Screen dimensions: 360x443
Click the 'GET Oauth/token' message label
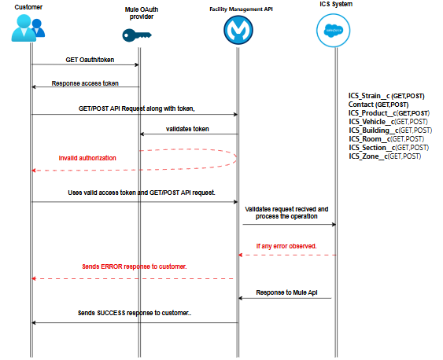coord(86,60)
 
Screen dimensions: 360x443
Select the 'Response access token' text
coord(85,83)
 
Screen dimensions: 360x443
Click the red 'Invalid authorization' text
coord(87,158)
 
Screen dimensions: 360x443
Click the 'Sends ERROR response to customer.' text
coord(134,267)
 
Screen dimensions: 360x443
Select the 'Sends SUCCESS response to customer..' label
coord(135,312)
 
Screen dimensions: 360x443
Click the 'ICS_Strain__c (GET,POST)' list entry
coord(386,96)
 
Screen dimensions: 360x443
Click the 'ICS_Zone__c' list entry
coord(385,156)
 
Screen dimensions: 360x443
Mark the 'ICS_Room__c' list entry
coord(386,139)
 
